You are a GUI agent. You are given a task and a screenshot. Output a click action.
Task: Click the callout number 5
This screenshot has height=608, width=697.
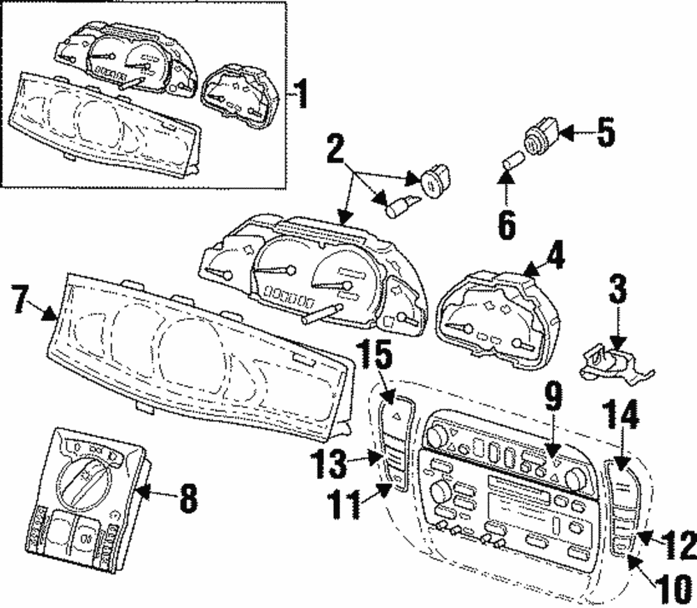click(x=605, y=132)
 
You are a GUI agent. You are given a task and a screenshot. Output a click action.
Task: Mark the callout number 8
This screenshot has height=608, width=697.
click(x=187, y=498)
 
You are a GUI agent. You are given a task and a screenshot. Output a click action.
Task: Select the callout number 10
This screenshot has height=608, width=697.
click(x=671, y=587)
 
